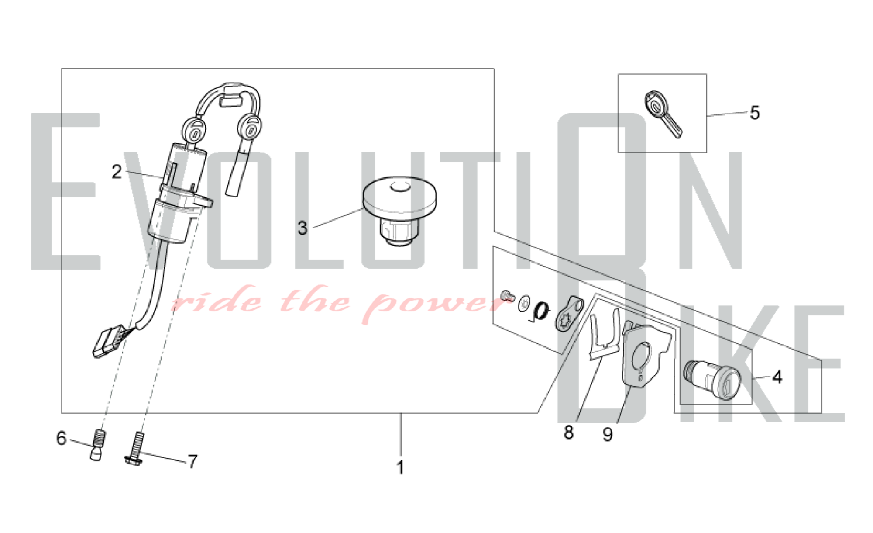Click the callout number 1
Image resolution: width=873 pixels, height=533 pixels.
(400, 467)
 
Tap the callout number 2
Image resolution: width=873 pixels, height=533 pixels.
(117, 172)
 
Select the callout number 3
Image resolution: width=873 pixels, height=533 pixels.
(302, 228)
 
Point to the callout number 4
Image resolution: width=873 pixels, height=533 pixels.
(777, 377)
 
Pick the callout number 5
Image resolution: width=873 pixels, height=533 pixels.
(755, 113)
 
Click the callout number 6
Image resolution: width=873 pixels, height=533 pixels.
(61, 438)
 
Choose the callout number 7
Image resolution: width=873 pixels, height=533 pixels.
(192, 461)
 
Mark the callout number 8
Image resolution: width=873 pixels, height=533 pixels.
(568, 432)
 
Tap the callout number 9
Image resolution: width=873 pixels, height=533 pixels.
(608, 434)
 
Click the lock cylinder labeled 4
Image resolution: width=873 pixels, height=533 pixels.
(712, 380)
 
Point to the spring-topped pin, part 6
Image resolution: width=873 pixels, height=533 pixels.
(97, 445)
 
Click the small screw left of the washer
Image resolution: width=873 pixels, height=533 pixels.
(507, 295)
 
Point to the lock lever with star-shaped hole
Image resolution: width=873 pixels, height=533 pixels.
(569, 313)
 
